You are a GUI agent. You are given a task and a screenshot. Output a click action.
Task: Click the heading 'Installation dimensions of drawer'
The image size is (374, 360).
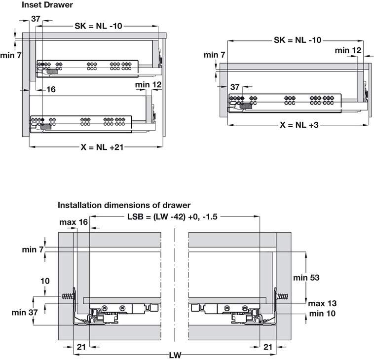pyautogui.click(x=124, y=205)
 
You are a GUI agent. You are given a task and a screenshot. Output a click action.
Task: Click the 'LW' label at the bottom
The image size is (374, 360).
pyautogui.click(x=176, y=355)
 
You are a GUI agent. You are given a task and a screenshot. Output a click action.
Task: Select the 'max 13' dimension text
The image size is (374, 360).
pyautogui.click(x=323, y=303)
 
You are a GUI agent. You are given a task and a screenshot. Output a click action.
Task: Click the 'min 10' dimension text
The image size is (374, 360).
pyautogui.click(x=323, y=313)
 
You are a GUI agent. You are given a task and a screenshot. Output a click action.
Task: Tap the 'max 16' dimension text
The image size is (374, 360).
pyautogui.click(x=74, y=222)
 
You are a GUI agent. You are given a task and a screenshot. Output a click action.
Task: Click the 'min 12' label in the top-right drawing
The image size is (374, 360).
pyautogui.click(x=348, y=50)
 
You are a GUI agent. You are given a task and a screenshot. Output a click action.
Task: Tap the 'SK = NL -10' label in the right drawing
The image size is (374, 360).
pyautogui.click(x=298, y=40)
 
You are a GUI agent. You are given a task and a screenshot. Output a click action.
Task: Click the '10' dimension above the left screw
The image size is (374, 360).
pyautogui.click(x=45, y=281)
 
